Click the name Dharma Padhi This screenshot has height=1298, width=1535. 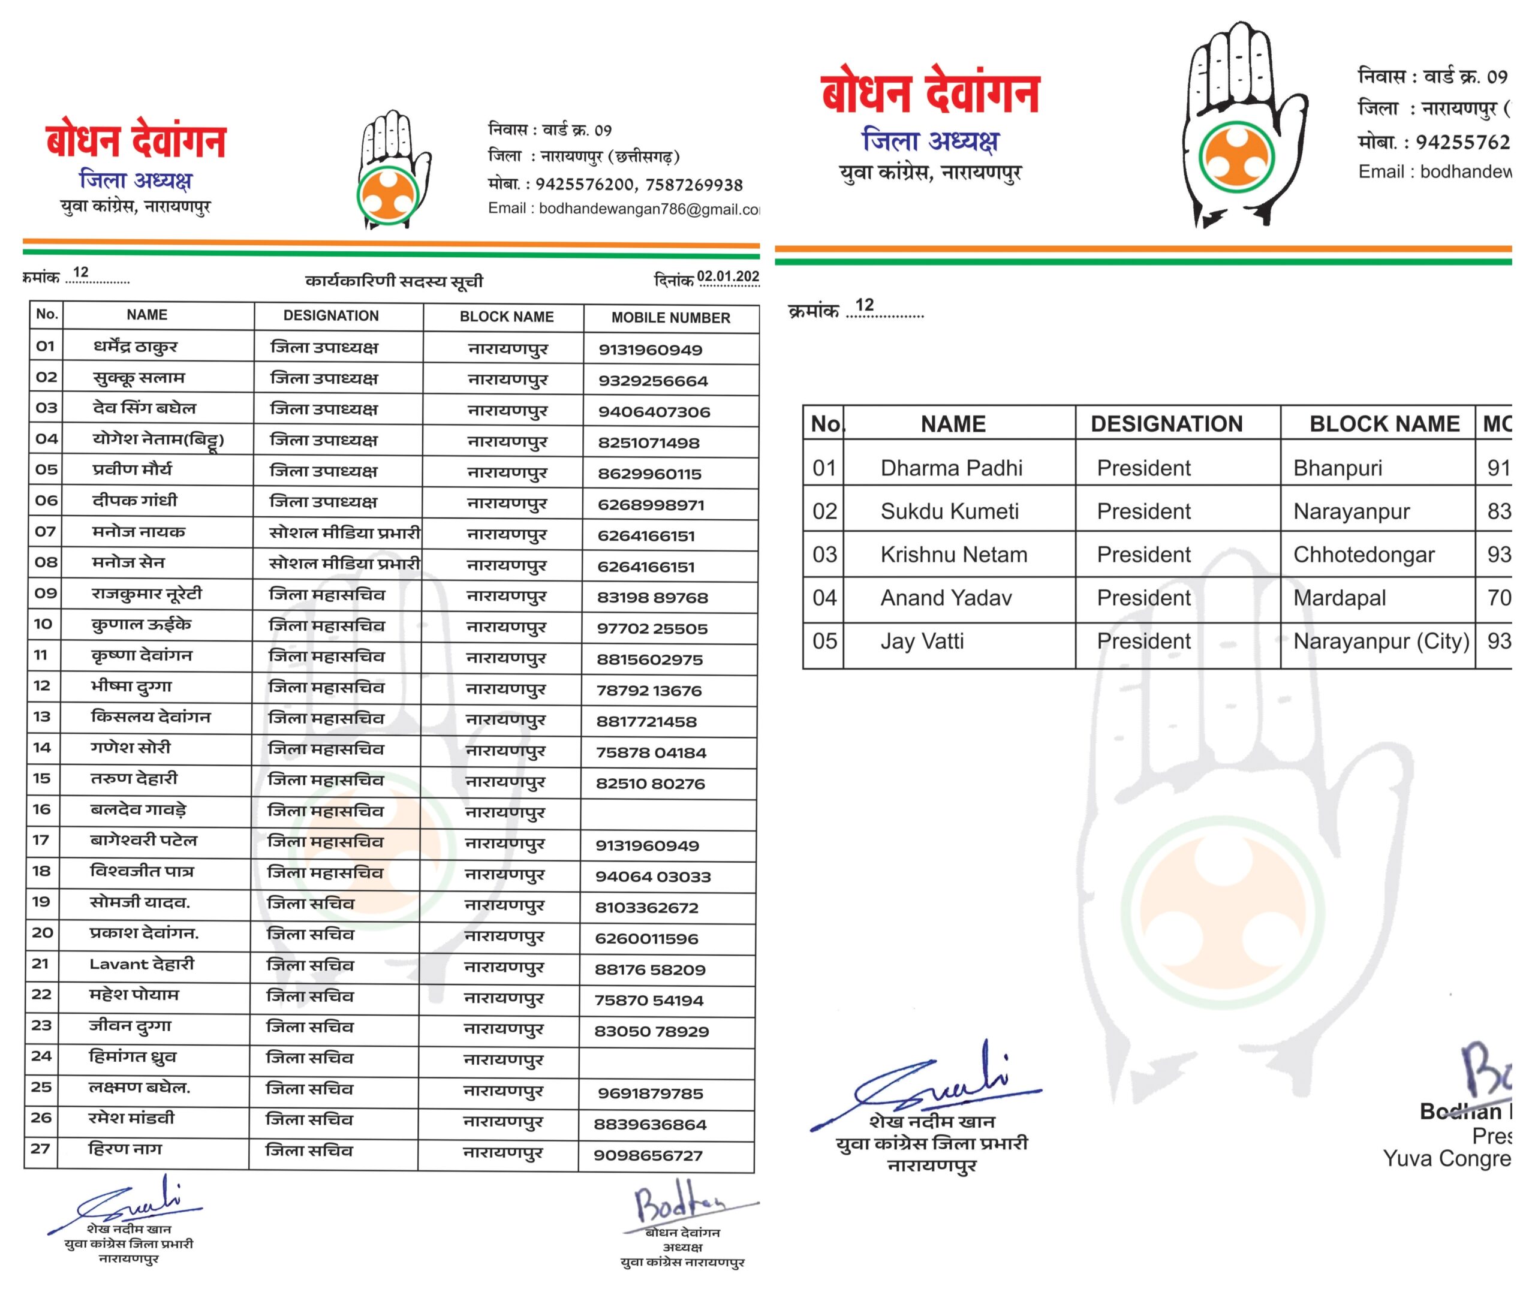pyautogui.click(x=951, y=468)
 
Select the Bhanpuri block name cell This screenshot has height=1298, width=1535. pyautogui.click(x=1337, y=468)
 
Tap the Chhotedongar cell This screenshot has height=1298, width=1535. pyautogui.click(x=1364, y=555)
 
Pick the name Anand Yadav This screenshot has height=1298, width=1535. pyautogui.click(x=946, y=598)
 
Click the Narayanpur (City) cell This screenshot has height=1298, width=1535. pyautogui.click(x=1380, y=642)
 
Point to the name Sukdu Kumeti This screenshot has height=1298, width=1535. pyautogui.click(x=949, y=511)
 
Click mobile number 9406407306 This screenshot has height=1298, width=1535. pyautogui.click(x=654, y=412)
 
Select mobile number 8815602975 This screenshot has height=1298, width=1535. pyautogui.click(x=649, y=660)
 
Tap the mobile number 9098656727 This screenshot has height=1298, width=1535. pyautogui.click(x=648, y=1156)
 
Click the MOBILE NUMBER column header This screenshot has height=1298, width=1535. pyautogui.click(x=670, y=318)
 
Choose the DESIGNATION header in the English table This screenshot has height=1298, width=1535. pyautogui.click(x=1166, y=424)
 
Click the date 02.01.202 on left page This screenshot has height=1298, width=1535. pyautogui.click(x=727, y=276)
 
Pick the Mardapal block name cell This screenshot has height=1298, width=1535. pyautogui.click(x=1340, y=598)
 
